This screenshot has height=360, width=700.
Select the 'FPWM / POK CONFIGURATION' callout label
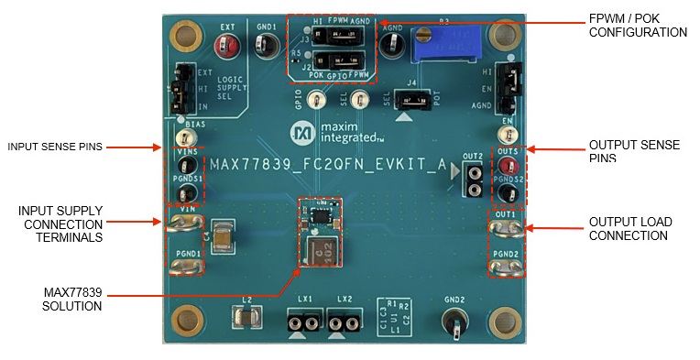pos(638,25)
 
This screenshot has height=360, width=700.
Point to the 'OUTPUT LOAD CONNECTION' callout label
pos(629,228)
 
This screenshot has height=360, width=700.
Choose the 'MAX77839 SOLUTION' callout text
pos(72,299)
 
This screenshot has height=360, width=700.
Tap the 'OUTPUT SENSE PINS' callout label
pos(628,151)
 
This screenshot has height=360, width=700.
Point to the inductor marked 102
pos(322,249)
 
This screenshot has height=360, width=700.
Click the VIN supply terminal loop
pos(186,223)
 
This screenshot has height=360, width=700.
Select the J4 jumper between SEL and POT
pos(414,98)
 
